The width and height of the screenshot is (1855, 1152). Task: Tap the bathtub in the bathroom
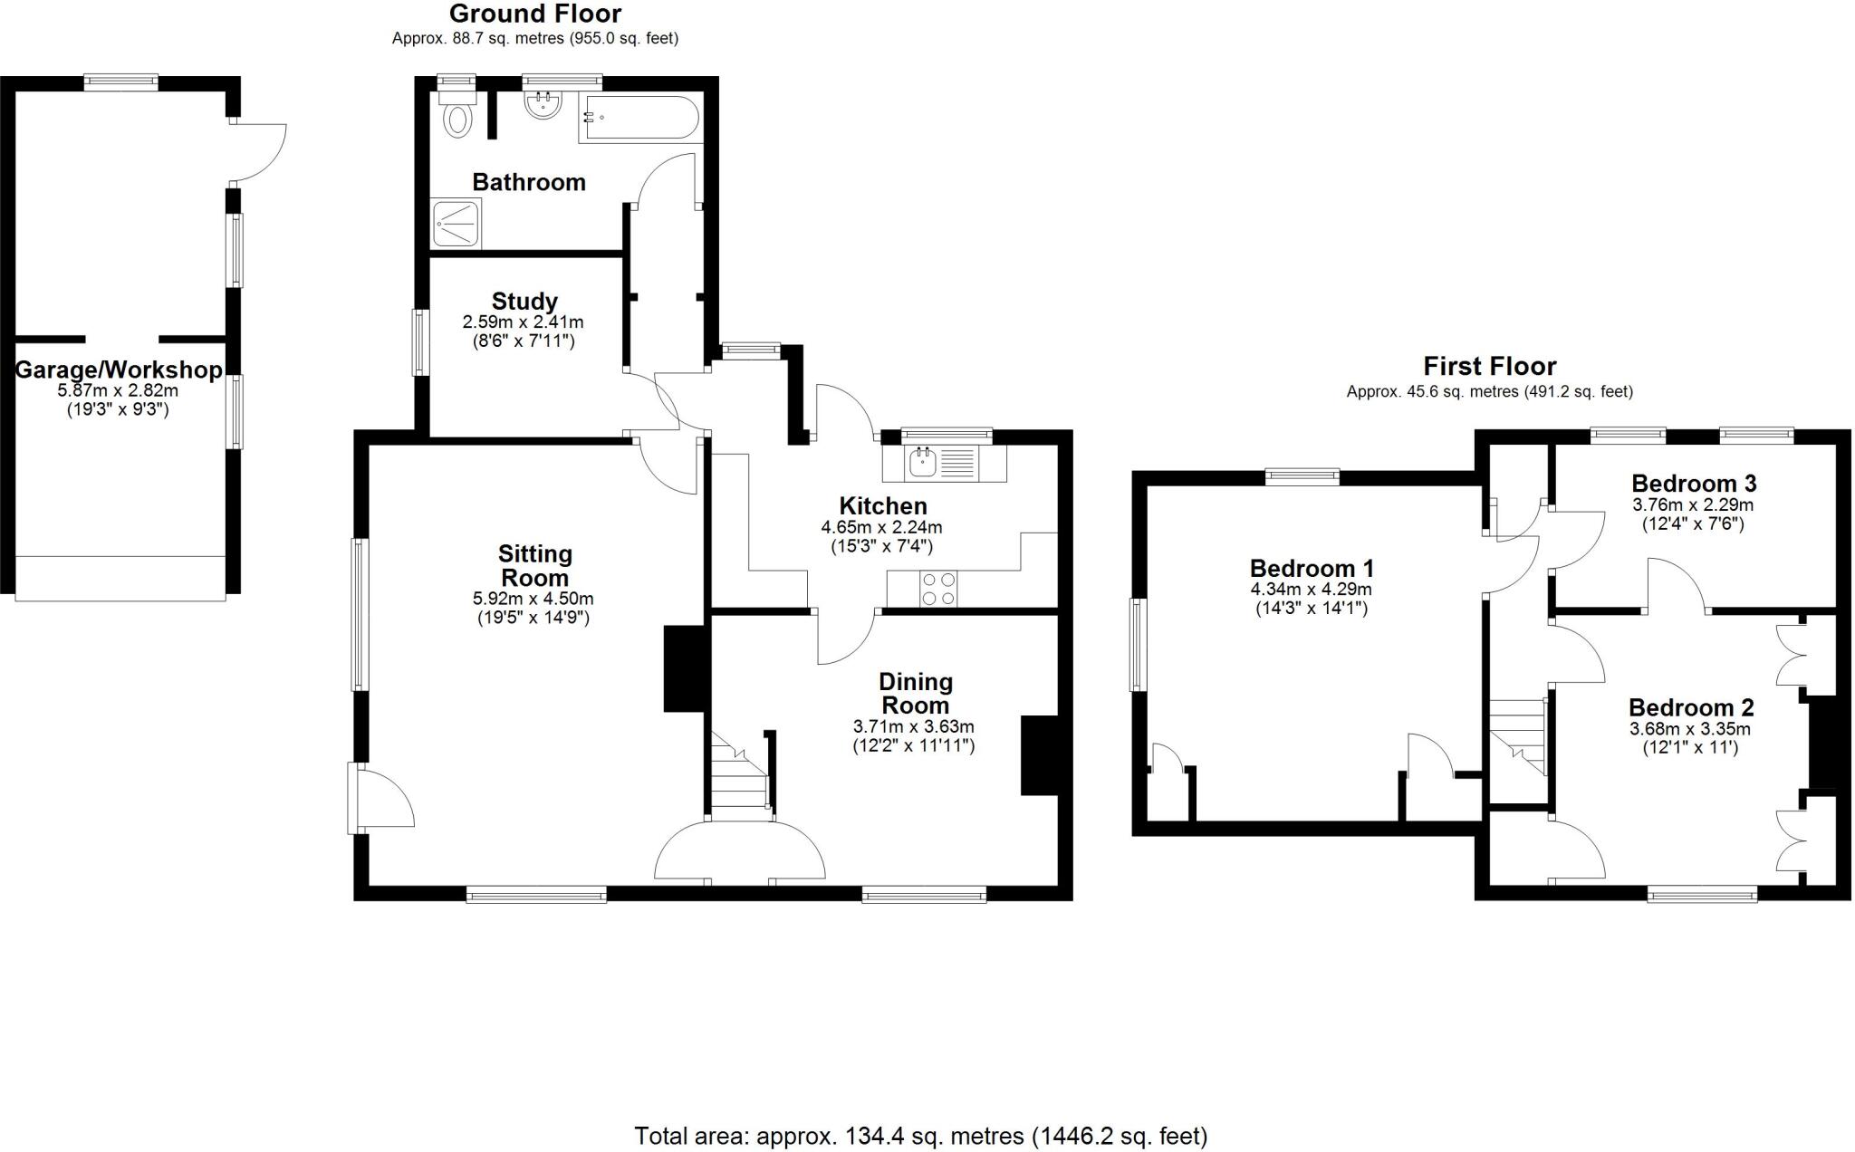[639, 118]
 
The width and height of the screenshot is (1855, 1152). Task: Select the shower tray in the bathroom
[457, 223]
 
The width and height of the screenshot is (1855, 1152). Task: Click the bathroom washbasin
[543, 105]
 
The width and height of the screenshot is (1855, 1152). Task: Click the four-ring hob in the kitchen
[937, 588]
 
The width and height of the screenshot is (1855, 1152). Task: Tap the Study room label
[524, 301]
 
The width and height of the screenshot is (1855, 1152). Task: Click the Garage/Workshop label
[119, 370]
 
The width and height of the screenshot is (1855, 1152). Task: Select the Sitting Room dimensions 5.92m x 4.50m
[533, 599]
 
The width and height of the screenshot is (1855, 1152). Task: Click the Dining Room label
[915, 693]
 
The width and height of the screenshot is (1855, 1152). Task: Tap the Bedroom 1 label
[1312, 568]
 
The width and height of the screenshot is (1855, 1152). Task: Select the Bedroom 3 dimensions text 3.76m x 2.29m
[1692, 504]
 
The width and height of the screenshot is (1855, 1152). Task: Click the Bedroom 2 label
[1690, 707]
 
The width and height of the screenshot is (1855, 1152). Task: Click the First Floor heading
[1489, 366]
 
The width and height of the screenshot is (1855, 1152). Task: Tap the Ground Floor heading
[534, 14]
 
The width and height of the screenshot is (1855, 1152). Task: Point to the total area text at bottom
[920, 1136]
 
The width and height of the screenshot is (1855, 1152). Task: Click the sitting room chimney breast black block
[685, 668]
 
